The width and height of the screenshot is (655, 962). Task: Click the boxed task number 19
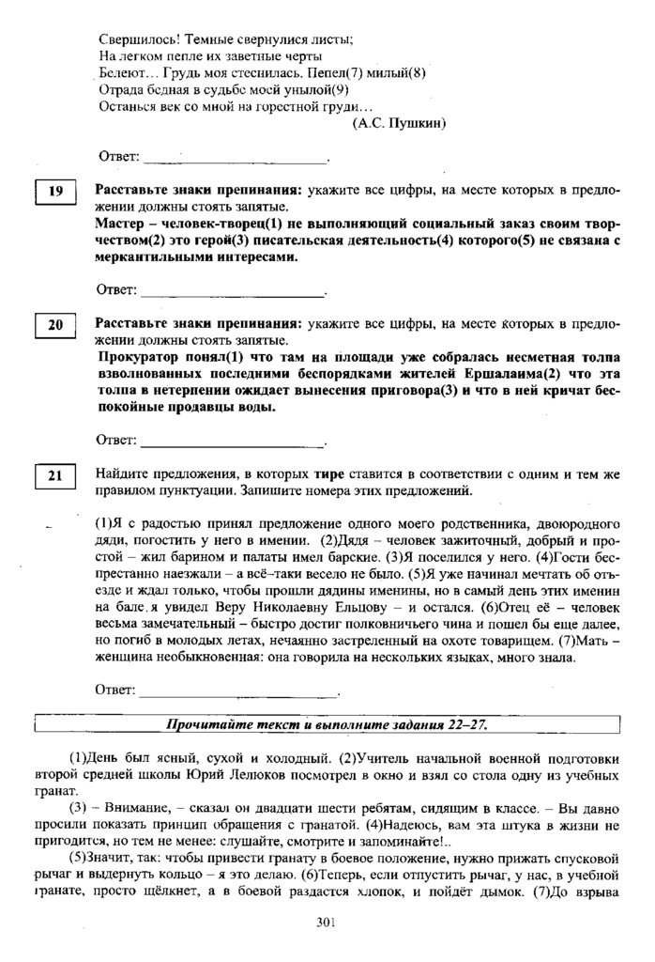pos(55,193)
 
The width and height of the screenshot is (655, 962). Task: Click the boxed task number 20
pos(55,325)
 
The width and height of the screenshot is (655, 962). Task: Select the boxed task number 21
pos(55,476)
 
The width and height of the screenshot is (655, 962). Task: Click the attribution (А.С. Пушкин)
pos(398,122)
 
